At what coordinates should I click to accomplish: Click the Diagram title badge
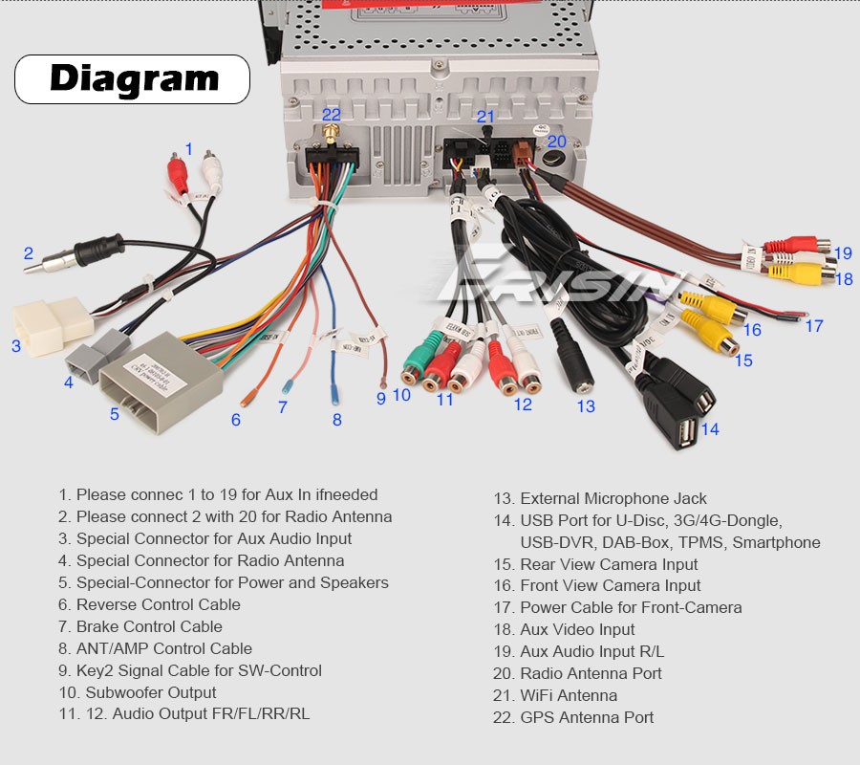click(x=132, y=79)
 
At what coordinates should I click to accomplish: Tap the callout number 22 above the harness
click(x=331, y=115)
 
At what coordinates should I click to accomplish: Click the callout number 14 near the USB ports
click(x=709, y=429)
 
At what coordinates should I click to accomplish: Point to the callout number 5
click(x=114, y=414)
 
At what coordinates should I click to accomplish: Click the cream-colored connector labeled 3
click(x=53, y=322)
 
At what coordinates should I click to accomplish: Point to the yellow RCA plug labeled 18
click(x=807, y=275)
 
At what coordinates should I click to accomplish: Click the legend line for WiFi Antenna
click(x=569, y=695)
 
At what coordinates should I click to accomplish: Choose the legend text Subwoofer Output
click(x=151, y=692)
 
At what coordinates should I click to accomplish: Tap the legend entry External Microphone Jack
click(x=613, y=498)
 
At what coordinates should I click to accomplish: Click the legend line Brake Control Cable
click(x=149, y=626)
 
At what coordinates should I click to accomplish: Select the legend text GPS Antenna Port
click(x=587, y=717)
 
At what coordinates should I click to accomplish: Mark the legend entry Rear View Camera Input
click(x=610, y=564)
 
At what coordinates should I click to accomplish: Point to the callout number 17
click(x=813, y=325)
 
